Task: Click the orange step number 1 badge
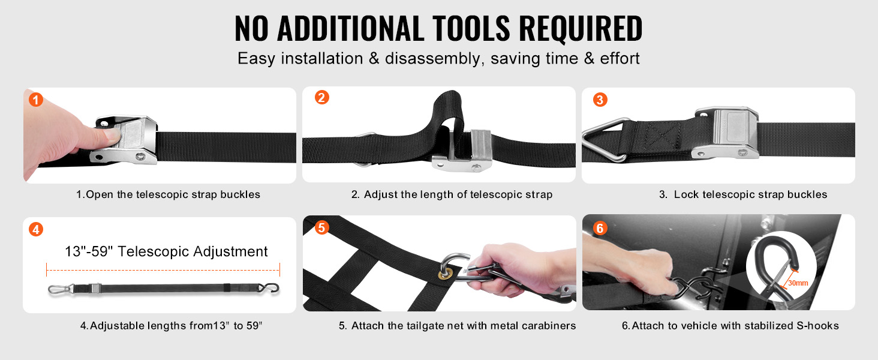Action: [35, 100]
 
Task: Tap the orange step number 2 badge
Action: [322, 97]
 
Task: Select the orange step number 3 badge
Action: [600, 100]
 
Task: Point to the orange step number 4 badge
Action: [35, 229]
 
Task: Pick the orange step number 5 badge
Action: [321, 227]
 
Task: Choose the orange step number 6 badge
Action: [600, 228]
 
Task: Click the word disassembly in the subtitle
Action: [432, 59]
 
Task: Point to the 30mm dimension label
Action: [798, 283]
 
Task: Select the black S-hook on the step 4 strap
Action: [269, 288]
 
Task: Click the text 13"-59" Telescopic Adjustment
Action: [166, 251]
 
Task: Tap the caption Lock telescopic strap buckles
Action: [750, 194]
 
